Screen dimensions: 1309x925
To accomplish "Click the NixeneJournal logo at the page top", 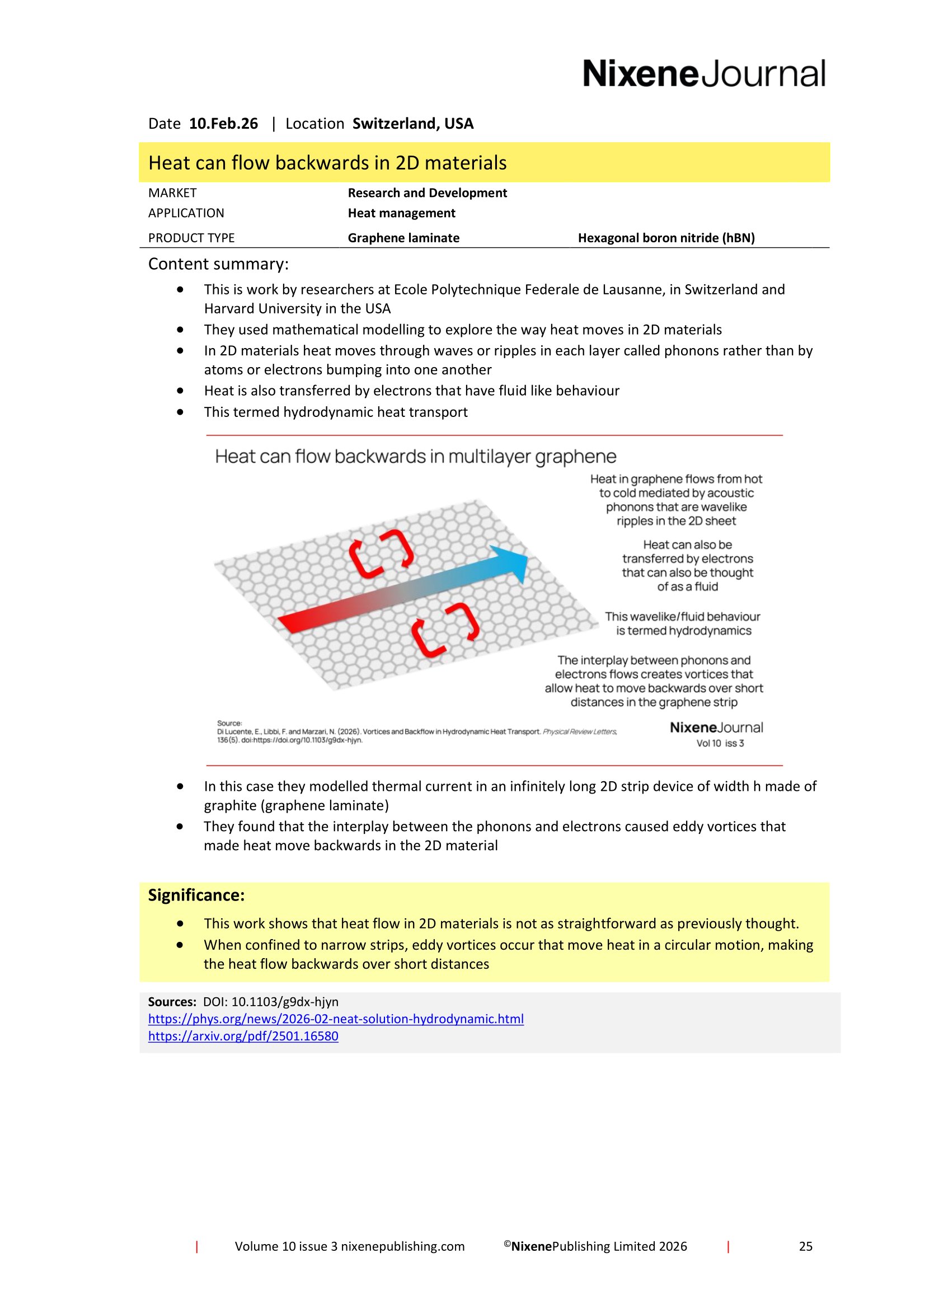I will (x=703, y=74).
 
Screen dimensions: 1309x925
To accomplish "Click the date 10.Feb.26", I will (x=223, y=124).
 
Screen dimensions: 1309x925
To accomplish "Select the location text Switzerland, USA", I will (x=412, y=124).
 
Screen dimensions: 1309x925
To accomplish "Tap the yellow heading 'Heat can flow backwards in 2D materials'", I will (x=327, y=163).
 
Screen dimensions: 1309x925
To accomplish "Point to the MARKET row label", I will (x=172, y=193).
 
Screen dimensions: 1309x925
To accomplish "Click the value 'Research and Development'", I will (x=427, y=193).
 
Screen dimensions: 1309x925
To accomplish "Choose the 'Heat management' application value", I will (x=401, y=213).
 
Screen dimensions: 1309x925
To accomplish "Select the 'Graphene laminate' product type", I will (x=403, y=238).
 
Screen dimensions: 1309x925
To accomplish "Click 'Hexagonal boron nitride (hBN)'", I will (x=666, y=238).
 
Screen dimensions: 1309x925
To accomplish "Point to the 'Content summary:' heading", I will (x=218, y=264).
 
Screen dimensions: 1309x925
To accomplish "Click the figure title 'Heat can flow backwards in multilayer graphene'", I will (x=415, y=457).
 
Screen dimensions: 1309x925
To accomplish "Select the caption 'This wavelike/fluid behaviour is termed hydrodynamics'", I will (x=682, y=623).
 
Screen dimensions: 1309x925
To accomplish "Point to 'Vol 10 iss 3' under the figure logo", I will (x=720, y=743).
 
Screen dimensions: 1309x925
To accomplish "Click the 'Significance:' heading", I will (x=196, y=895).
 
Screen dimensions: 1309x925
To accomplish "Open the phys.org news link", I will (x=336, y=1019).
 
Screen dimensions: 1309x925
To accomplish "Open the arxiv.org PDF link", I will (x=243, y=1036).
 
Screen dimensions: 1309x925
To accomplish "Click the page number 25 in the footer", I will (x=805, y=1246).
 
